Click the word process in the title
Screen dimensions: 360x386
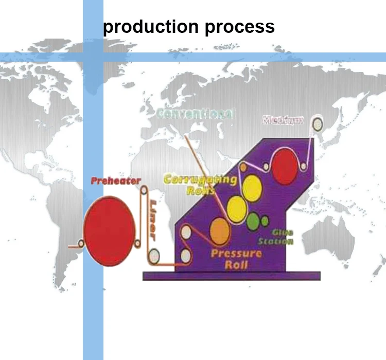pyautogui.click(x=240, y=26)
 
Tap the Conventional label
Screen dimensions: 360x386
pyautogui.click(x=196, y=114)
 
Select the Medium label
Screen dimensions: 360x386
pyautogui.click(x=283, y=121)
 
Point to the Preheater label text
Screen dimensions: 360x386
pyautogui.click(x=116, y=181)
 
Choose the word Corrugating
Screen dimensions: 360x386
pyautogui.click(x=200, y=180)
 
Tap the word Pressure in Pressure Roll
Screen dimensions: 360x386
pyautogui.click(x=236, y=253)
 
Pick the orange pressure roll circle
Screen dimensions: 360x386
pyautogui.click(x=218, y=231)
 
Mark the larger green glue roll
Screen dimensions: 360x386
pyautogui.click(x=253, y=221)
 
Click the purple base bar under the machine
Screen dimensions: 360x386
pyautogui.click(x=232, y=276)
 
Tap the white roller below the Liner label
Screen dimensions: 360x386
pyautogui.click(x=153, y=255)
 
